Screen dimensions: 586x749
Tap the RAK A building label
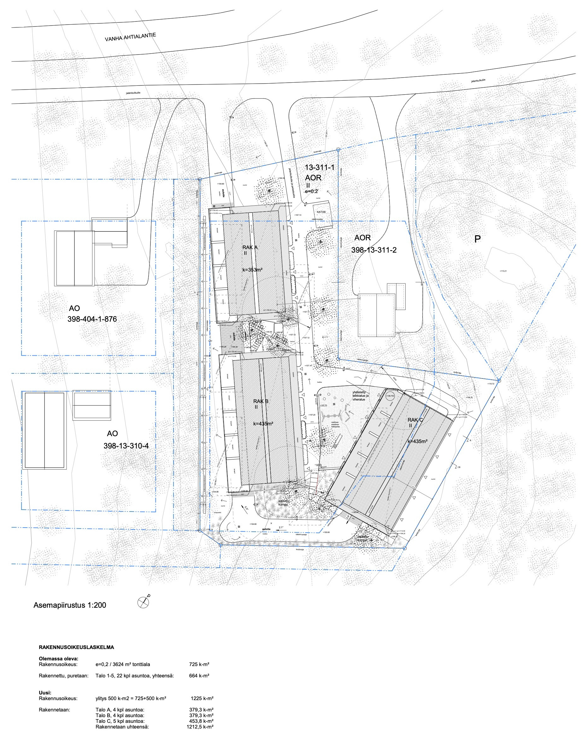coord(250,247)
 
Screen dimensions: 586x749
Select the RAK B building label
coord(261,401)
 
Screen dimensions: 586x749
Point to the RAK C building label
coord(415,420)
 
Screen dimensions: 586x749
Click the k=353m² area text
coord(252,270)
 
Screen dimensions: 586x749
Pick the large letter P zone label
coord(477,239)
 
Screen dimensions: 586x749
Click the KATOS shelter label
coord(321,212)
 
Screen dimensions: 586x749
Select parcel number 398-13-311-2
coord(374,250)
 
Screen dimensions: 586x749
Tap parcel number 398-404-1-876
coord(92,319)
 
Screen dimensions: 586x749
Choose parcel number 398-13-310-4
coord(126,446)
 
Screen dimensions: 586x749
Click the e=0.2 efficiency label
coord(311,191)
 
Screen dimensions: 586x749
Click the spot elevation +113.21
coord(503,271)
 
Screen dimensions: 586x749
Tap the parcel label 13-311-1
coord(319,167)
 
